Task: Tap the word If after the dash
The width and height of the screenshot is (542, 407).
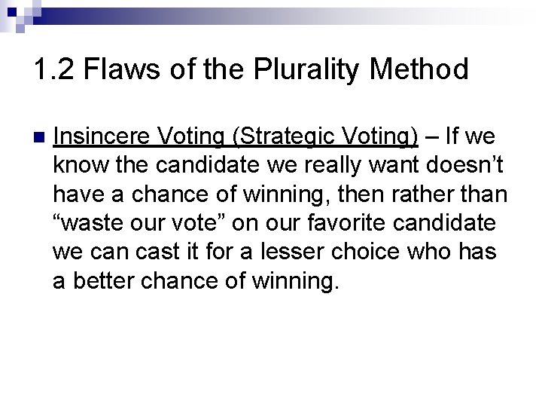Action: pos(454,136)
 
